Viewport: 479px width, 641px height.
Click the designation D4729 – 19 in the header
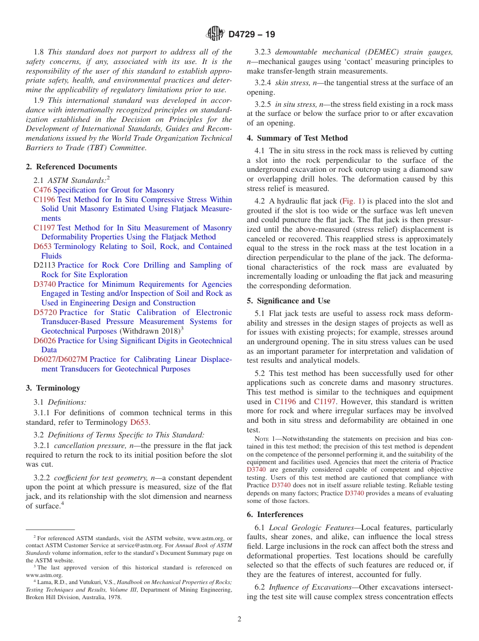click(252, 35)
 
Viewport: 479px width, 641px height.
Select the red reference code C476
click(42, 190)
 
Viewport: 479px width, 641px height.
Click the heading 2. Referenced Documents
click(71, 167)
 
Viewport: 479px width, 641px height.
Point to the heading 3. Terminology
click(53, 388)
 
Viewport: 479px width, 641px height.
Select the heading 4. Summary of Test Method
click(297, 138)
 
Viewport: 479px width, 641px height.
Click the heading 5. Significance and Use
click(288, 301)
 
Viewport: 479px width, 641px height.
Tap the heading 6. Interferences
click(275, 515)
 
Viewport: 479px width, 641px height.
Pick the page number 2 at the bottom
click(239, 619)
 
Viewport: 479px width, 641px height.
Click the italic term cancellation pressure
click(86, 446)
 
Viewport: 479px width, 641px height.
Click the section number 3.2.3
click(263, 52)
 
